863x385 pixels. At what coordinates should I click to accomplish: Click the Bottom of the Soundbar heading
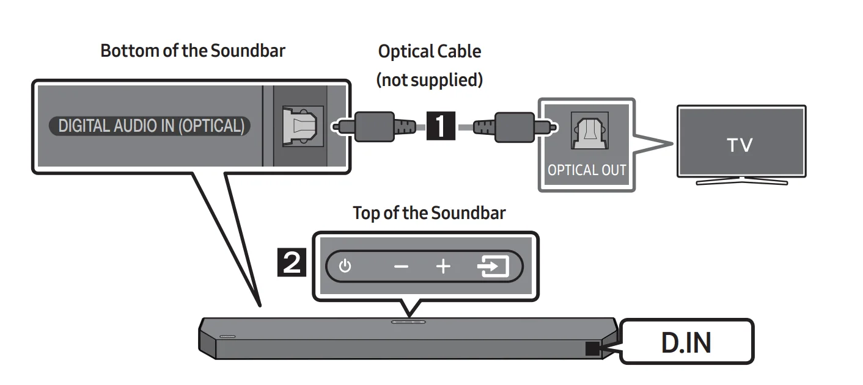193,51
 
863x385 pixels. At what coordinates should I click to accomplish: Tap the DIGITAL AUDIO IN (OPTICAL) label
150,126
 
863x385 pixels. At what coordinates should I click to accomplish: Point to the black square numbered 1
441,127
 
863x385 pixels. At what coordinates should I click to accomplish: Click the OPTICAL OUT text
587,170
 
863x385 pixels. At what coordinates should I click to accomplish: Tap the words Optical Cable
430,51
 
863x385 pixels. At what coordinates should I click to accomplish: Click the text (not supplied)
430,79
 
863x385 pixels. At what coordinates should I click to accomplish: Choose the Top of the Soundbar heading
430,213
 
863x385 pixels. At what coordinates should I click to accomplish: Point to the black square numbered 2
293,264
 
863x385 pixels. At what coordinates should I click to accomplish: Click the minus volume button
401,267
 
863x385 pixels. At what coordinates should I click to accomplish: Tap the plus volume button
443,267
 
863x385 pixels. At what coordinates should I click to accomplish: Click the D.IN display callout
686,342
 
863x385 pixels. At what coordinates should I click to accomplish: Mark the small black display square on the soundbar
592,348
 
